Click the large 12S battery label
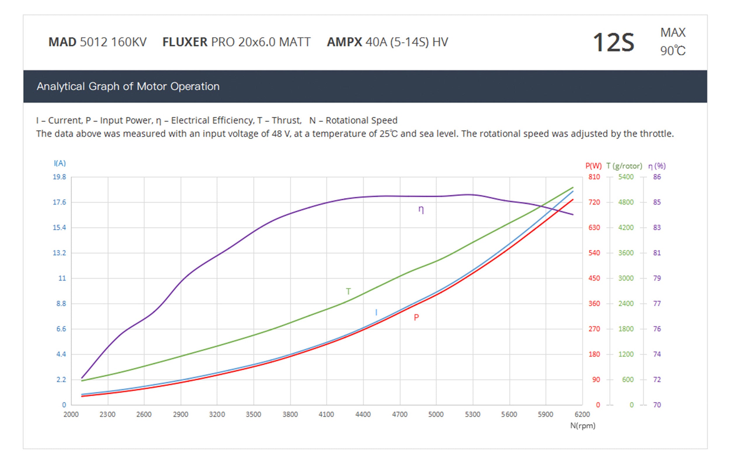[x=613, y=43]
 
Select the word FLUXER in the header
[x=185, y=42]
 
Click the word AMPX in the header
[x=345, y=42]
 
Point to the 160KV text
[x=128, y=42]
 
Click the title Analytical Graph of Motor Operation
[x=128, y=86]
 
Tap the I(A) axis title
[x=60, y=163]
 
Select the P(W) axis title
[x=593, y=166]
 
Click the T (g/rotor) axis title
[x=624, y=166]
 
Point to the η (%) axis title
[x=657, y=166]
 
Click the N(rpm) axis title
[x=583, y=426]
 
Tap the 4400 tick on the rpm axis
[x=363, y=415]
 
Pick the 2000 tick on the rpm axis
[x=71, y=415]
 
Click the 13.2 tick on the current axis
[x=59, y=253]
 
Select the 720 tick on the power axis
[x=594, y=202]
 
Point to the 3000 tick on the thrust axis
[x=626, y=278]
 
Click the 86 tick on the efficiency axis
[x=657, y=177]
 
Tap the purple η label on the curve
[x=421, y=210]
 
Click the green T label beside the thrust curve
[x=348, y=291]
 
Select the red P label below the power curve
[x=416, y=317]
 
